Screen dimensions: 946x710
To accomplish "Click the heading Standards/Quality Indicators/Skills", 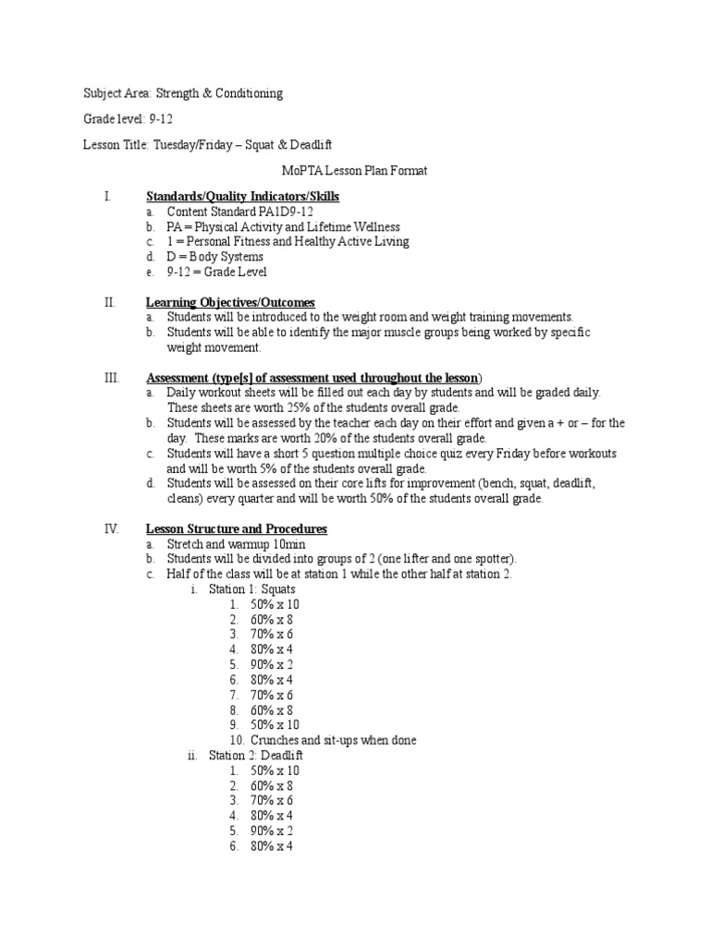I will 242,197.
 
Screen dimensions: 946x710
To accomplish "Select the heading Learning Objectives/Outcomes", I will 230,302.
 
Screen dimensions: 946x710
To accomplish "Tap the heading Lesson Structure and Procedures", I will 236,528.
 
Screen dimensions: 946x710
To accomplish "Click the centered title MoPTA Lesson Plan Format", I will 354,171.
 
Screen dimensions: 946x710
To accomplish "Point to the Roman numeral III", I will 109,378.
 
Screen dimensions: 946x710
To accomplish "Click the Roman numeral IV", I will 111,528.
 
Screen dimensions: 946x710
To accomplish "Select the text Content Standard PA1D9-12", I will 233,212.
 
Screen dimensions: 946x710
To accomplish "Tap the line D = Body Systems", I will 214,257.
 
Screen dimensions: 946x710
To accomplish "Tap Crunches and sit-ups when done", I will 333,740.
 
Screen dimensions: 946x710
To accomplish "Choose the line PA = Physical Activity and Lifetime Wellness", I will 283,226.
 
